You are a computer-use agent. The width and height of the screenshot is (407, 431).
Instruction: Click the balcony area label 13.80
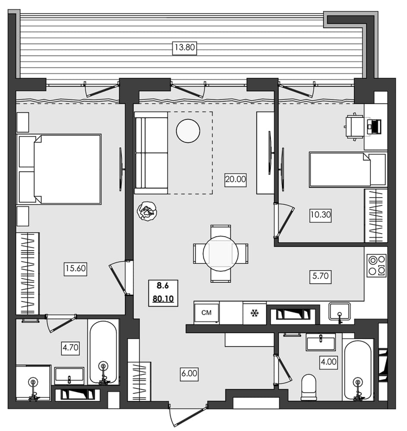185,48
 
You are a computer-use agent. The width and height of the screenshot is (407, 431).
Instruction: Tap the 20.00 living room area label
235,179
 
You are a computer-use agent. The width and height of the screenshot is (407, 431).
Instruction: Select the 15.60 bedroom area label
76,269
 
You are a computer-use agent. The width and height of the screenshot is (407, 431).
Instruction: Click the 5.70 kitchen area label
320,276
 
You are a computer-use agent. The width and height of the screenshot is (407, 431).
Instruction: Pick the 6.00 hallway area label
189,375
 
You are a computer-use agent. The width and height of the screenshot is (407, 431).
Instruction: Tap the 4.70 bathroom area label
70,347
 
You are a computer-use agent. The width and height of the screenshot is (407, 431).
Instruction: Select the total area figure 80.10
163,299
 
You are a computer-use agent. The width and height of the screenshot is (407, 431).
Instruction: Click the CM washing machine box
207,312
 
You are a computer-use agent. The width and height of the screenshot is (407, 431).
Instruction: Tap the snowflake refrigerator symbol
254,313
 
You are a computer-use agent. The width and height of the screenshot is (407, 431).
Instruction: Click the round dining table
221,253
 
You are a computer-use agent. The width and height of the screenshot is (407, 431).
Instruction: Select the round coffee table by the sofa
188,131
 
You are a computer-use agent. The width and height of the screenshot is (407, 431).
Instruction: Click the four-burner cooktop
376,265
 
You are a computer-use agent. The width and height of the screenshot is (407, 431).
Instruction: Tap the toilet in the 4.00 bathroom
309,387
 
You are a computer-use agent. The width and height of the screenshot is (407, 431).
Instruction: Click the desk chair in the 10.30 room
355,127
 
